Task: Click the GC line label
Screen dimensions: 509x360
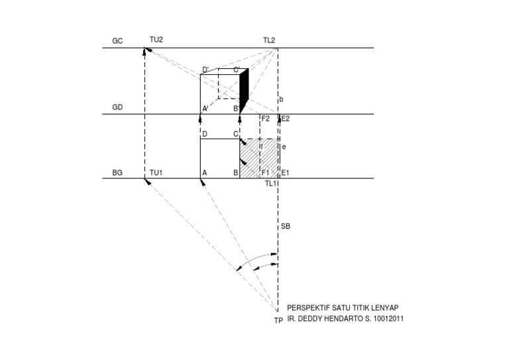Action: click(117, 41)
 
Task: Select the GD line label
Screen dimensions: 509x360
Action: click(117, 107)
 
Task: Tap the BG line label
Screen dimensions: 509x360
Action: click(117, 172)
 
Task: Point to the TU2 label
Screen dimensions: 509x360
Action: click(156, 40)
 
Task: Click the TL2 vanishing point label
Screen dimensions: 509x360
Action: click(269, 40)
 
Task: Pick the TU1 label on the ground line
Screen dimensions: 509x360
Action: click(156, 172)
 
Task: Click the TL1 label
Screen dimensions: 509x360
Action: click(270, 183)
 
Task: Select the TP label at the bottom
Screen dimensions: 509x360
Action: click(278, 321)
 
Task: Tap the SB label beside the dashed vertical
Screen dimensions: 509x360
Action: click(286, 227)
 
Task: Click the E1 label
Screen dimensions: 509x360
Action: click(286, 173)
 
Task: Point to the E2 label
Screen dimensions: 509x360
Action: click(286, 119)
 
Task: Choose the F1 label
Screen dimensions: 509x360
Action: click(265, 173)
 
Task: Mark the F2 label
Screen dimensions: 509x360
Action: click(266, 119)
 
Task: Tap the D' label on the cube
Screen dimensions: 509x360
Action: click(205, 70)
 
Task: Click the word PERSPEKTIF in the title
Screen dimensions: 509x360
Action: click(307, 308)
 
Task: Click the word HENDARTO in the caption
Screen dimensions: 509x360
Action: click(347, 319)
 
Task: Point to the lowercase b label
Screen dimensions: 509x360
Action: click(282, 99)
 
